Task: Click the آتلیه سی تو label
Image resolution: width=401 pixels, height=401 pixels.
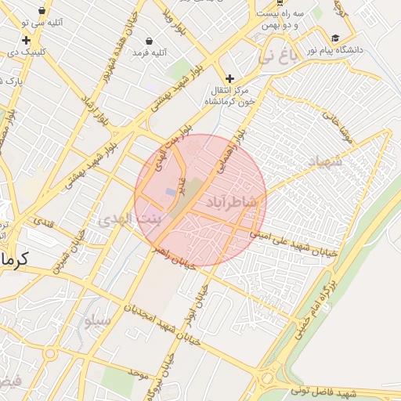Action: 49,23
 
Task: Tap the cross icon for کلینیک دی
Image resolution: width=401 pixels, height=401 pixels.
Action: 27,40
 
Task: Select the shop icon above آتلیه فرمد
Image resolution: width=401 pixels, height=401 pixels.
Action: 150,40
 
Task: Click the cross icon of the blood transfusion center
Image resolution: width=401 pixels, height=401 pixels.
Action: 229,78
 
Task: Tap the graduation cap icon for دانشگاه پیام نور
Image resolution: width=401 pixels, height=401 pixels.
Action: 335,38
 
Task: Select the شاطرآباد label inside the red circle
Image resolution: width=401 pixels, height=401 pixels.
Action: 232,202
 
